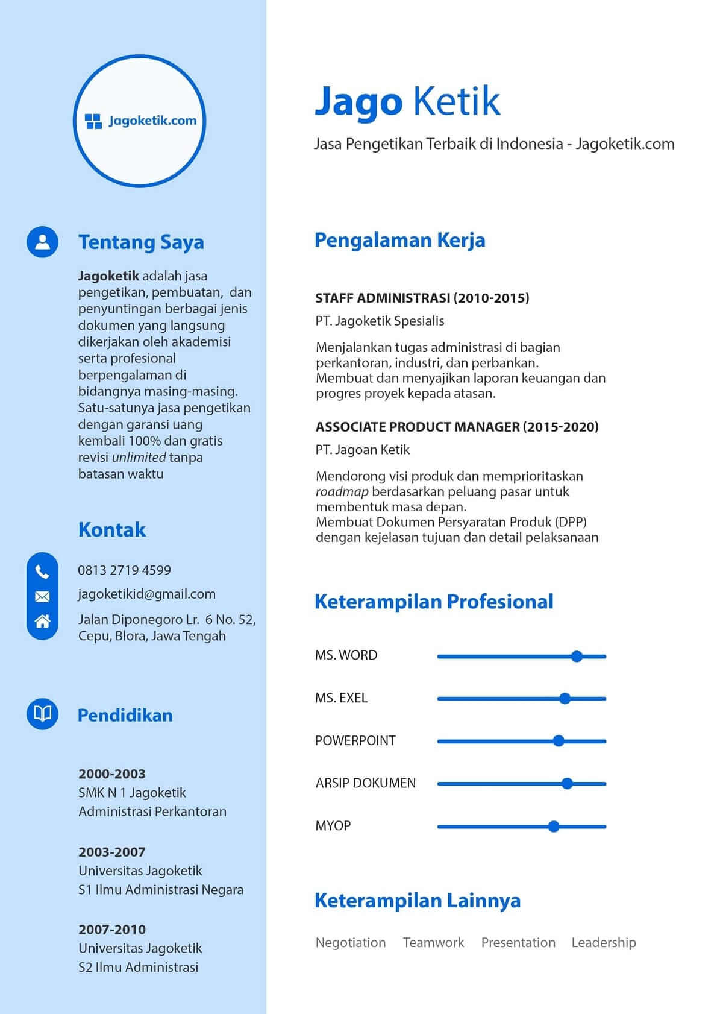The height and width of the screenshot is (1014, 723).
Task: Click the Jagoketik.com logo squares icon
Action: (x=93, y=121)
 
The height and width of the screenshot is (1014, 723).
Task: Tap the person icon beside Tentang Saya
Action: (x=42, y=242)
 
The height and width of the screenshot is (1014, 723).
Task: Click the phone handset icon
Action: (x=42, y=572)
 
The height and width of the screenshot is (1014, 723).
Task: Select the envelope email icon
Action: (x=42, y=597)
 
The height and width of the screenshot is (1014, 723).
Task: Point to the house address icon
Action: (x=42, y=621)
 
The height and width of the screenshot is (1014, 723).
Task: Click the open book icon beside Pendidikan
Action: (x=42, y=714)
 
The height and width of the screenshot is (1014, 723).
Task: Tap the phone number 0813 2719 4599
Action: (x=124, y=570)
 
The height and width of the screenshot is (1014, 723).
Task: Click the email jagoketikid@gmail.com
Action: (x=146, y=594)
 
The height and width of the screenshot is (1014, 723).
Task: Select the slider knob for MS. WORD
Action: (x=577, y=657)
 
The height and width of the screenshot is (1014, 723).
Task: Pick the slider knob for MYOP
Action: (x=554, y=827)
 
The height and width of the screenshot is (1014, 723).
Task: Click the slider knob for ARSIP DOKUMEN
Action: (x=566, y=784)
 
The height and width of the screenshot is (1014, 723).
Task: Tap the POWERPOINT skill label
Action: (x=355, y=741)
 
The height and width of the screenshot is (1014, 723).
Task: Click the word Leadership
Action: (x=603, y=943)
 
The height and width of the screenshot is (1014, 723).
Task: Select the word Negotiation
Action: (x=351, y=943)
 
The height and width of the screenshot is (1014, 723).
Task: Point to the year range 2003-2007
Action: (x=111, y=852)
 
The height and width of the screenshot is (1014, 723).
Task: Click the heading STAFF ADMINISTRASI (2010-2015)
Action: (x=422, y=298)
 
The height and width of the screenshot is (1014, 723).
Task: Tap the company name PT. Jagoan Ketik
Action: (x=362, y=450)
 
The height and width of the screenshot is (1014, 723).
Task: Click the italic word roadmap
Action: (x=342, y=492)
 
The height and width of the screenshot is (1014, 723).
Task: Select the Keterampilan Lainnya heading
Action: (x=417, y=901)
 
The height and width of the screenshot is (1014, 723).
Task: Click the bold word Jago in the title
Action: (x=358, y=101)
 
